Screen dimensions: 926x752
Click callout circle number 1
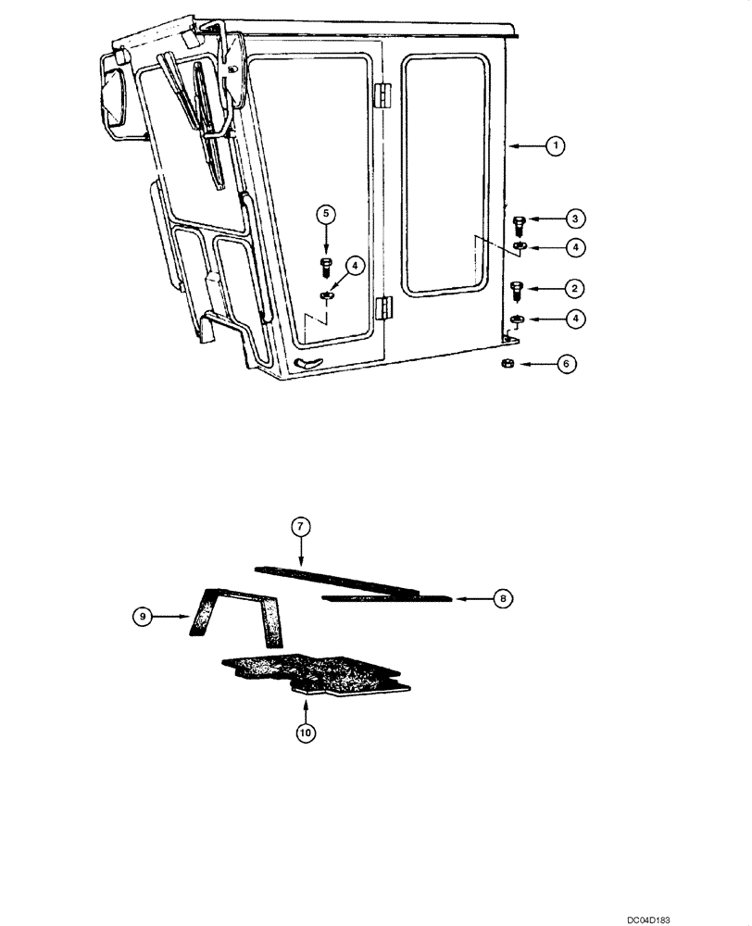[x=554, y=145]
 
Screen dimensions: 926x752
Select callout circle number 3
[x=576, y=219]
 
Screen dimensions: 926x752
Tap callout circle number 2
[x=576, y=287]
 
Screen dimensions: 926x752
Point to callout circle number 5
[x=326, y=214]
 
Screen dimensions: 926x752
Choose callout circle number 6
[x=566, y=366]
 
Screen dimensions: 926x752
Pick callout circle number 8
[x=502, y=599]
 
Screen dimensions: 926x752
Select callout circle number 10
[x=306, y=732]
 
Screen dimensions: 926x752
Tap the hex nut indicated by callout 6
[x=509, y=364]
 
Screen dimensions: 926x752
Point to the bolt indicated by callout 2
[x=517, y=290]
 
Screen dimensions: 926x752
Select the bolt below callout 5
[x=326, y=269]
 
